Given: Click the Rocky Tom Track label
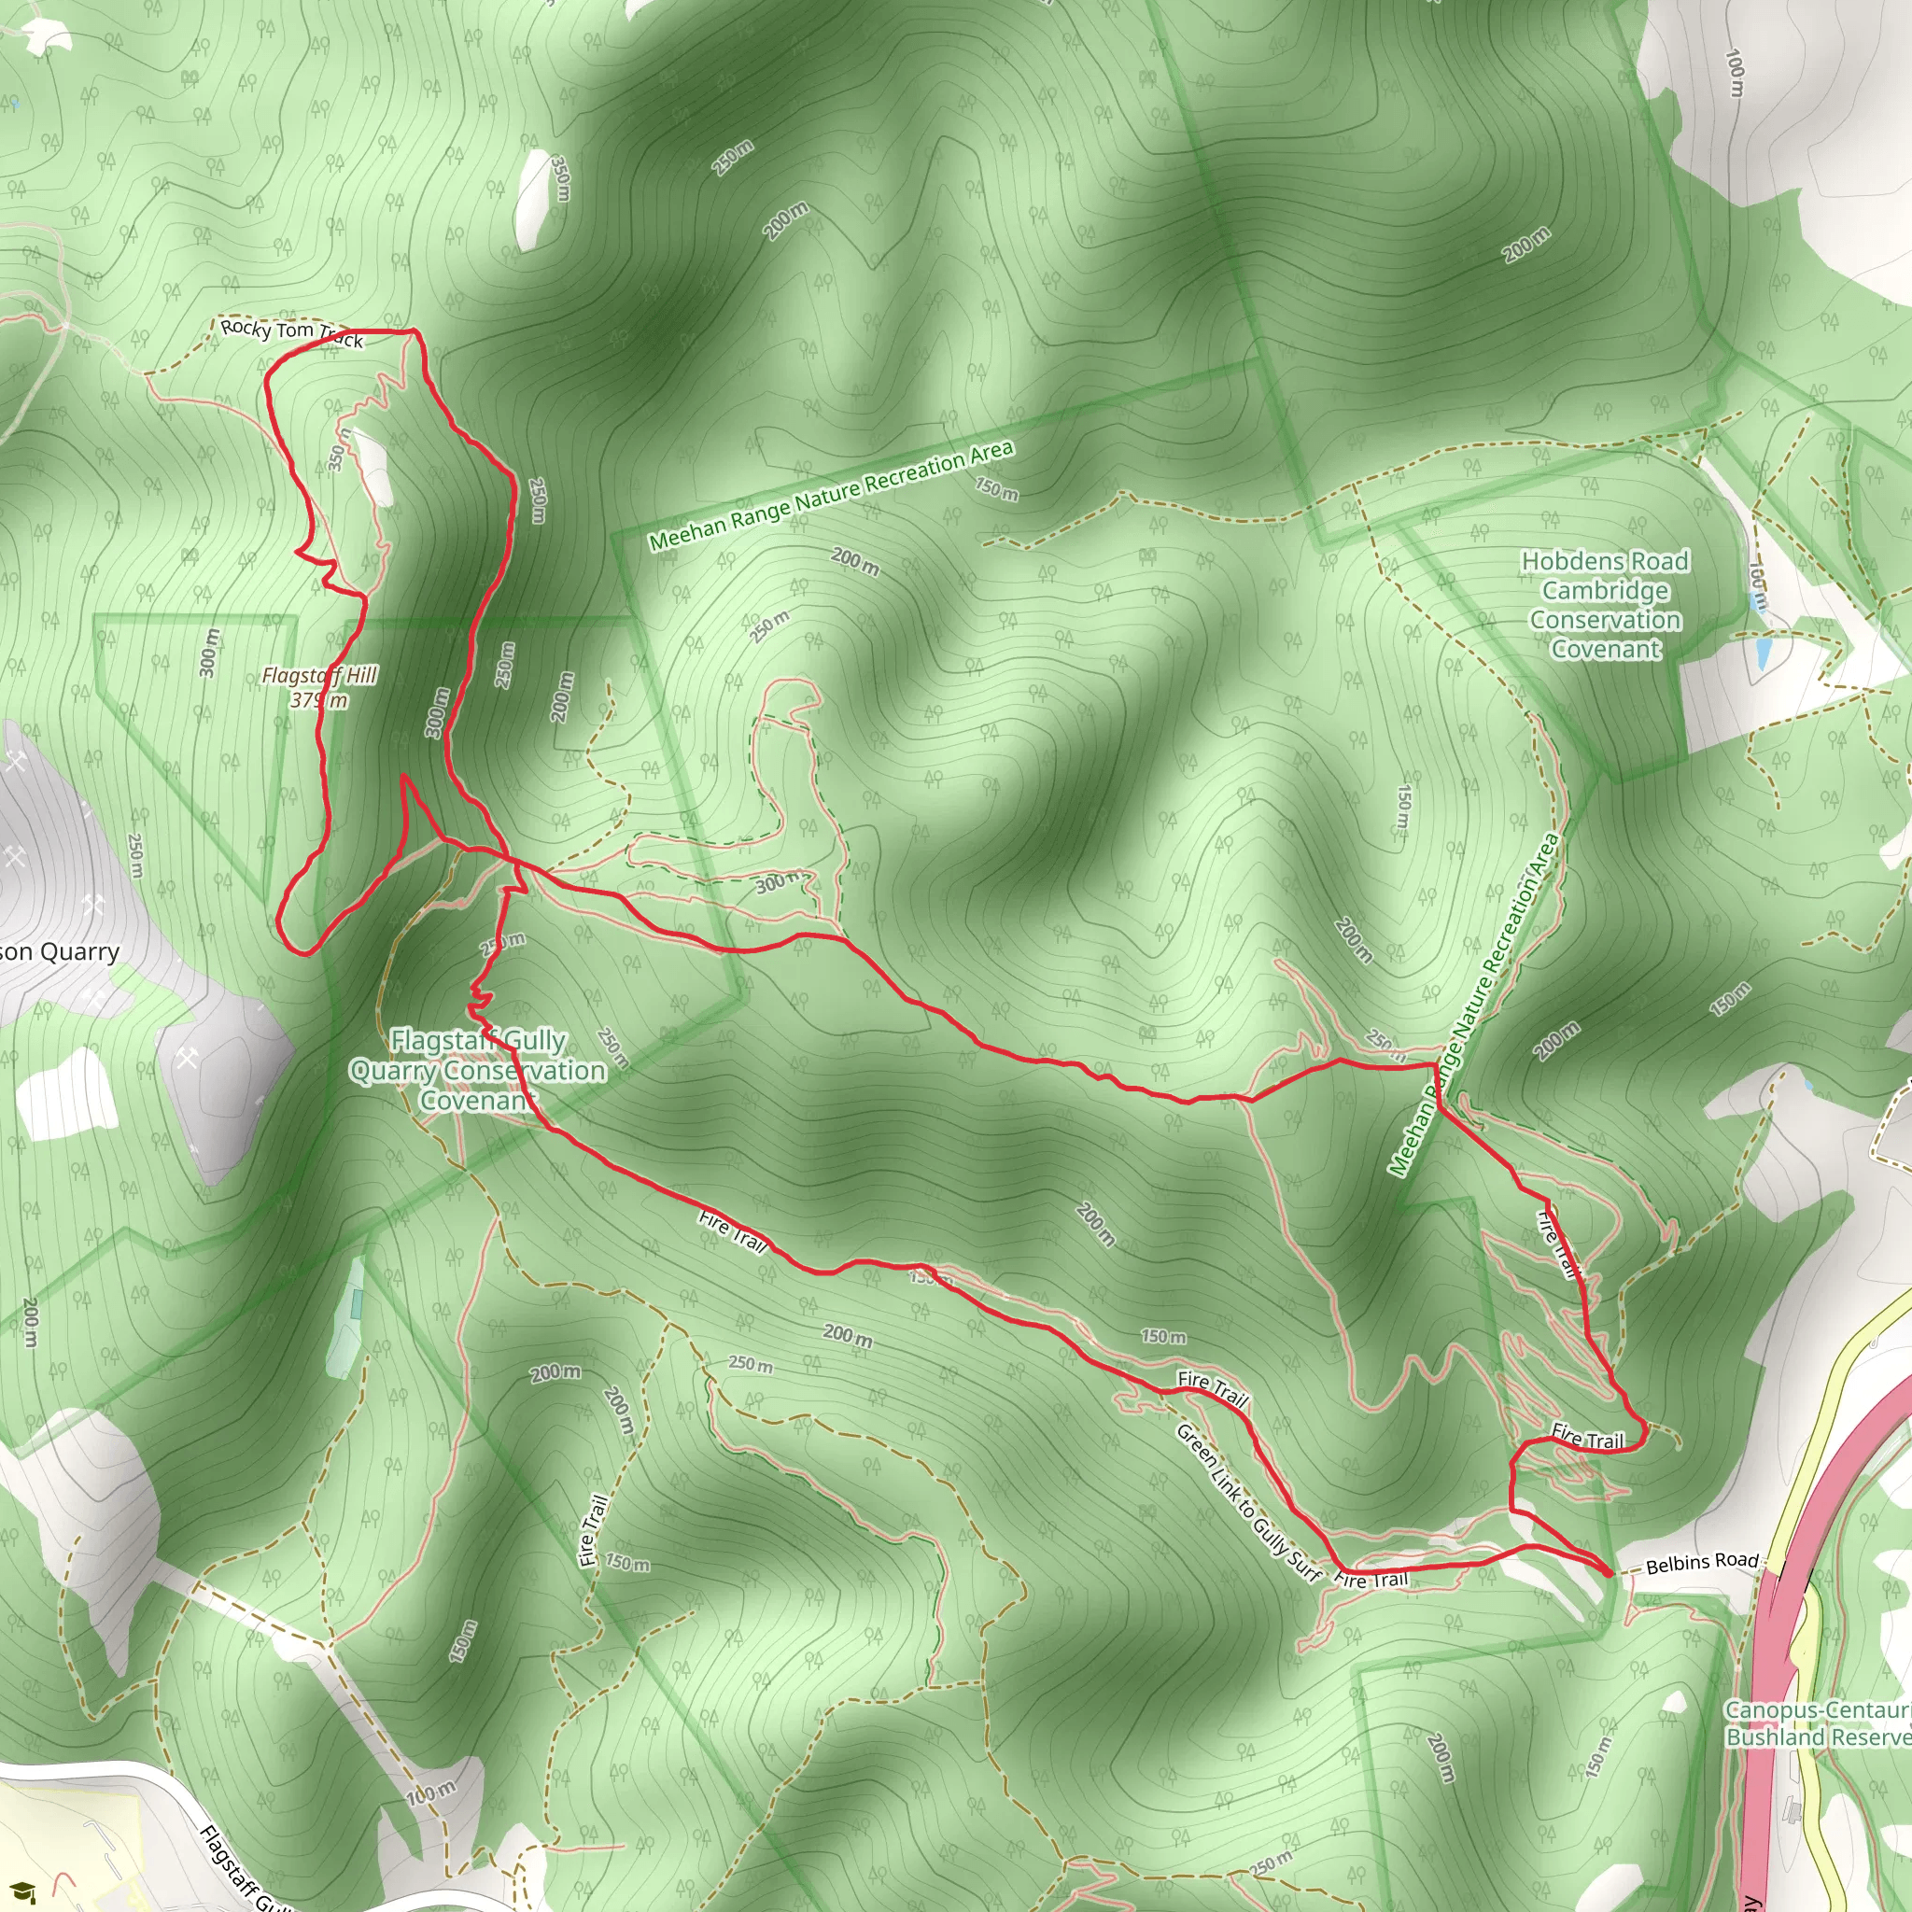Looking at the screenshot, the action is pyautogui.click(x=291, y=333).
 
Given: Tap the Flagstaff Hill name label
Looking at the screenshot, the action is pyautogui.click(x=318, y=675).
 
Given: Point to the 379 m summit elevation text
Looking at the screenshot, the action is pyautogui.click(x=318, y=701).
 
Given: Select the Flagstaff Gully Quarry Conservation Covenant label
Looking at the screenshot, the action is pyautogui.click(x=478, y=1070).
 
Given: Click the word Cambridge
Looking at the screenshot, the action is pyautogui.click(x=1605, y=591).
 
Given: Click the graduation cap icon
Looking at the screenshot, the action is pyautogui.click(x=25, y=1891).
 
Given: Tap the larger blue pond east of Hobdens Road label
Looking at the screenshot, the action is pyautogui.click(x=1763, y=652).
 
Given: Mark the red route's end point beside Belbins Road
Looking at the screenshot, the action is pyautogui.click(x=1609, y=1572).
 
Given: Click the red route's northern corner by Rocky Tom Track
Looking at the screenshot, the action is pyautogui.click(x=413, y=330).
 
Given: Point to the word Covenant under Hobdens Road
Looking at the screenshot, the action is pyautogui.click(x=1605, y=649).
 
